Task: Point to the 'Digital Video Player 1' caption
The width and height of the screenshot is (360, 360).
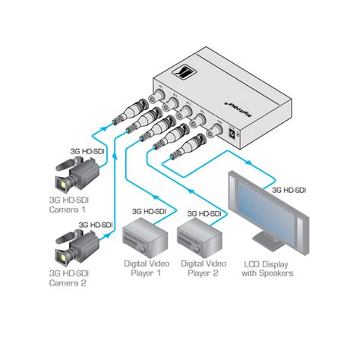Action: tap(146, 269)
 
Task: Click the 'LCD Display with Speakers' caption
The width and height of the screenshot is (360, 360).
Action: tap(268, 269)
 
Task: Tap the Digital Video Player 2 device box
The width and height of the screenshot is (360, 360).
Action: tap(199, 239)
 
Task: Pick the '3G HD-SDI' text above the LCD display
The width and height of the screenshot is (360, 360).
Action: tap(289, 189)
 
